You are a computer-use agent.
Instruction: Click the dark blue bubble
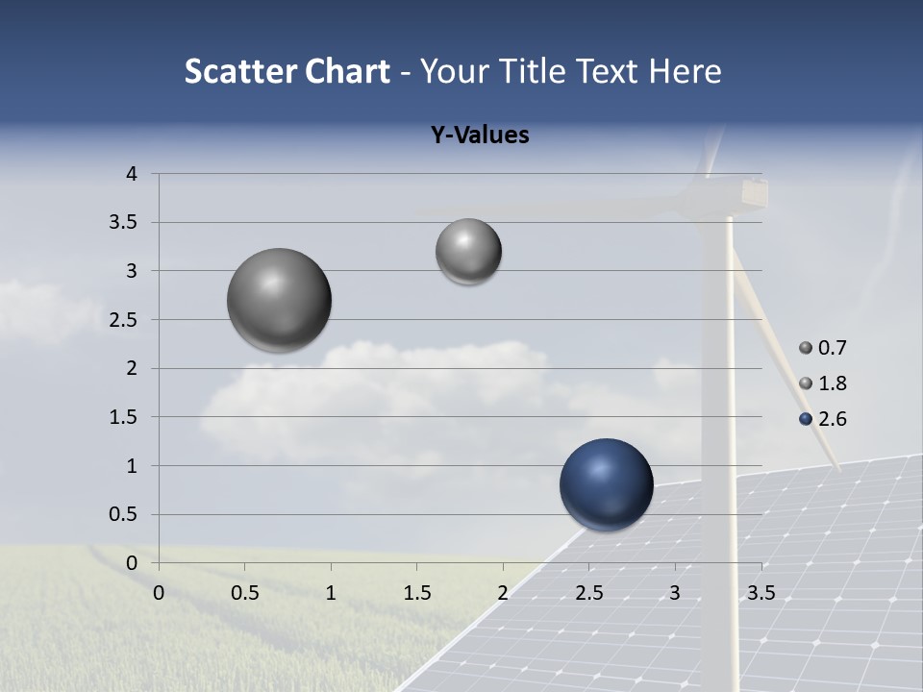(606, 484)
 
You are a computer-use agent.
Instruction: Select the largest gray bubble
(279, 300)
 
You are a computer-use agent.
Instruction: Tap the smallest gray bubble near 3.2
(468, 252)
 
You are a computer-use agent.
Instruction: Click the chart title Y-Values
(480, 136)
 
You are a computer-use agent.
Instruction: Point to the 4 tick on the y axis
(132, 174)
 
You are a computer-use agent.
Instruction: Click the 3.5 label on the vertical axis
(124, 223)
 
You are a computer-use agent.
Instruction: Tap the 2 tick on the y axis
(132, 368)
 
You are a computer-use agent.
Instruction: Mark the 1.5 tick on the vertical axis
(124, 417)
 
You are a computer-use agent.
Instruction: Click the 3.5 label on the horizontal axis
(761, 593)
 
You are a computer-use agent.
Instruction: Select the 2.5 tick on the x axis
(589, 593)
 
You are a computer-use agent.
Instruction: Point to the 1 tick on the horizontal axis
(331, 593)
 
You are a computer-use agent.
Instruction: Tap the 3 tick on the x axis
(675, 593)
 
